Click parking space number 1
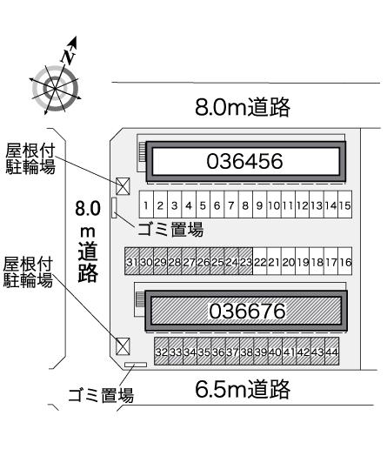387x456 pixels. [146, 205]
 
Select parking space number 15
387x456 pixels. [345, 205]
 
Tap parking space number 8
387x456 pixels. [245, 205]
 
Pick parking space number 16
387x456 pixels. [345, 261]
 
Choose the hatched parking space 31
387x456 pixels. [132, 261]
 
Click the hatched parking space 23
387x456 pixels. [245, 261]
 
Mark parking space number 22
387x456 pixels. [260, 261]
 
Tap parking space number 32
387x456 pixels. [161, 352]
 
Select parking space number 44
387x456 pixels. [332, 352]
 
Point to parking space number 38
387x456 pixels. [247, 352]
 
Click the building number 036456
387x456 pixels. [244, 161]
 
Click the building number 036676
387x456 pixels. [247, 311]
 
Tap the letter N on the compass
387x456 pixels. [69, 56]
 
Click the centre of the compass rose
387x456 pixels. [55, 88]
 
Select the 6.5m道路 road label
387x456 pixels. [243, 389]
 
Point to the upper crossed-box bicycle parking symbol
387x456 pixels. [123, 186]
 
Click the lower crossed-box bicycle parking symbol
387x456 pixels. [123, 346]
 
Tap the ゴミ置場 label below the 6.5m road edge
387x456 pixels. [101, 395]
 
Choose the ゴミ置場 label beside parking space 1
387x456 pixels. [170, 230]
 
